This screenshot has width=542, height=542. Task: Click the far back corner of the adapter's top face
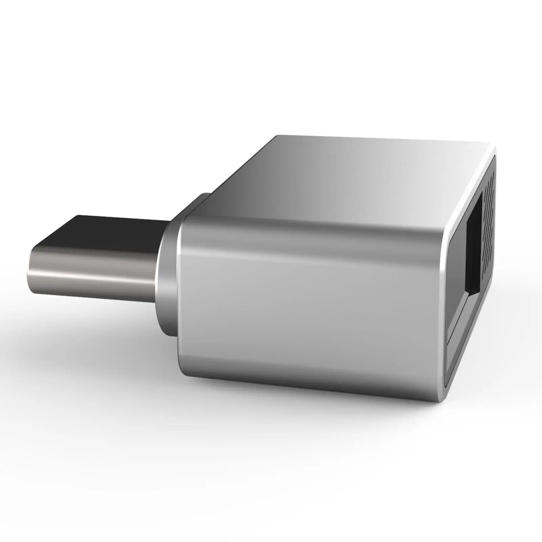278,136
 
